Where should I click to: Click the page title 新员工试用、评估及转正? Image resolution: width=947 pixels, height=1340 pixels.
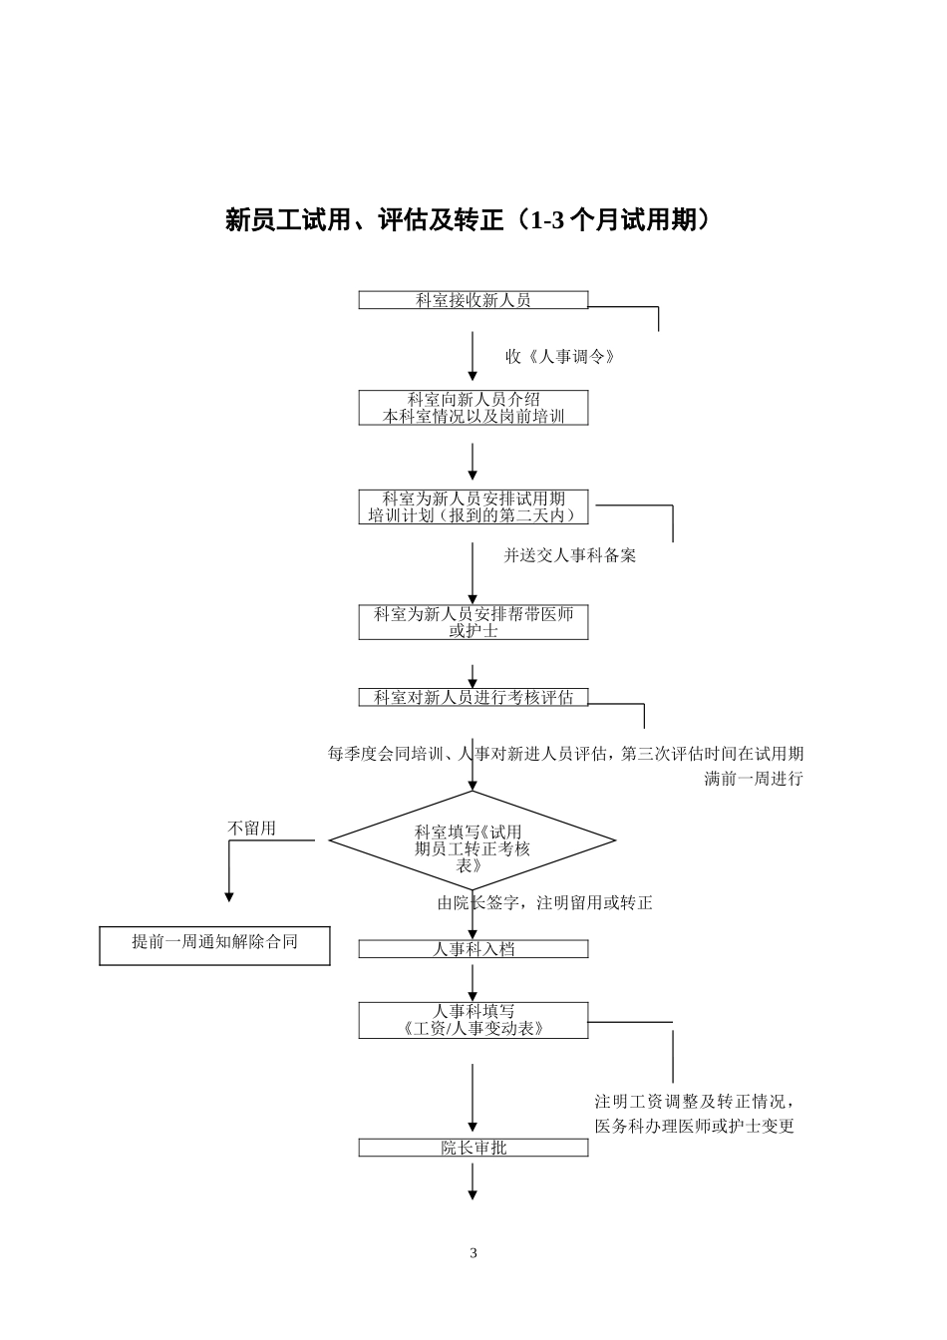(x=470, y=220)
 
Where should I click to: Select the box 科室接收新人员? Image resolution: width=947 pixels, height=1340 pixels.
(x=473, y=300)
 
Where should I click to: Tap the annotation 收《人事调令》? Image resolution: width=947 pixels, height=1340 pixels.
(x=560, y=356)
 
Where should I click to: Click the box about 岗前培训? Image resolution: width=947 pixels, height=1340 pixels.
(x=473, y=408)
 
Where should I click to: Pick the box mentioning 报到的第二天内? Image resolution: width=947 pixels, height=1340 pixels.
(x=473, y=506)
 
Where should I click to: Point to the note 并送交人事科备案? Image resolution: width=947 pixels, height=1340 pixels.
(x=570, y=555)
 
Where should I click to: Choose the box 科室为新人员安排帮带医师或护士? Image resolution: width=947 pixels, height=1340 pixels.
(x=473, y=622)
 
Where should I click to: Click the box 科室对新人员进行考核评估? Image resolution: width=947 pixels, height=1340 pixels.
(x=473, y=698)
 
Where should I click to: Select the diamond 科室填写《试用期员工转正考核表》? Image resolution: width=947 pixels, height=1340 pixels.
(x=473, y=840)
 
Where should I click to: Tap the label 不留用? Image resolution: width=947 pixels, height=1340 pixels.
(x=252, y=828)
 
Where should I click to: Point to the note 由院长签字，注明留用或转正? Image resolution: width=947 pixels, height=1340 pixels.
(x=545, y=903)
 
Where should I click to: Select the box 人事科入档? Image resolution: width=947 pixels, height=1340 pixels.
(x=473, y=949)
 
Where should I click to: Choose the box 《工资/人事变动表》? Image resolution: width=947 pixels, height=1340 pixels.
(x=473, y=1020)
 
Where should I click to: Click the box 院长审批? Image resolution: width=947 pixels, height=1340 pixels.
(x=473, y=1148)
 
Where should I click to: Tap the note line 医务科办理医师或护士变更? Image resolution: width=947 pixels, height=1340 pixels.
(x=695, y=1127)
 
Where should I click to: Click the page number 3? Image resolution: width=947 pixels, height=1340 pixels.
(x=473, y=1253)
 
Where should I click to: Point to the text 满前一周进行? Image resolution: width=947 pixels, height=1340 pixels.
(x=753, y=779)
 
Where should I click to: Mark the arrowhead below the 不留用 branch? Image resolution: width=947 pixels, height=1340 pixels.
(x=229, y=896)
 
